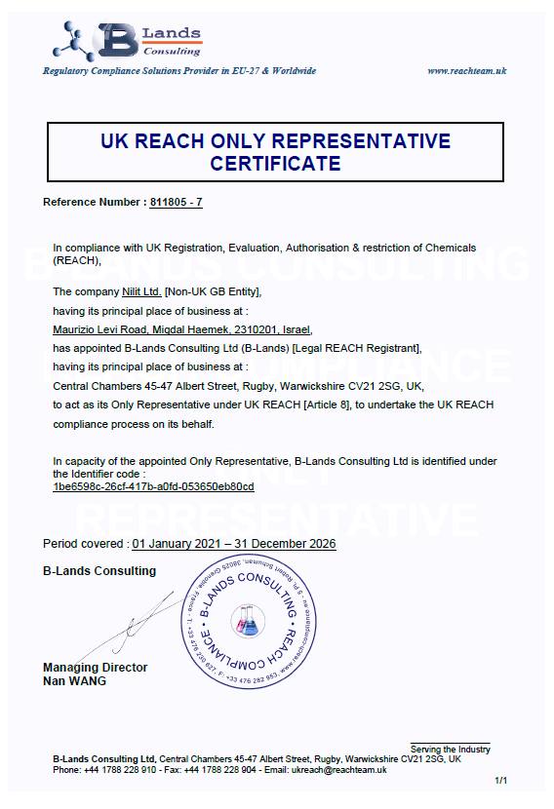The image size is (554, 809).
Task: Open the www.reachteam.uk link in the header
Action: point(467,70)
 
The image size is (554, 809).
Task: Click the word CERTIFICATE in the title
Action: point(276,164)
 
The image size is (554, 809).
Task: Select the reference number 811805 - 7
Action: point(177,202)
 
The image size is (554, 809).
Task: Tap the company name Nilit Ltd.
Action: point(140,291)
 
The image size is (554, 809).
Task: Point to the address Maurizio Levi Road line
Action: point(181,329)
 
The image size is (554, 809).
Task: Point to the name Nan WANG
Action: point(74,681)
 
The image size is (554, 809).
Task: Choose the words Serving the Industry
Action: point(450,749)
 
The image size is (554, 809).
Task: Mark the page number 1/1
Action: point(501,781)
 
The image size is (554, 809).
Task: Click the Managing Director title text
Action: point(96,668)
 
